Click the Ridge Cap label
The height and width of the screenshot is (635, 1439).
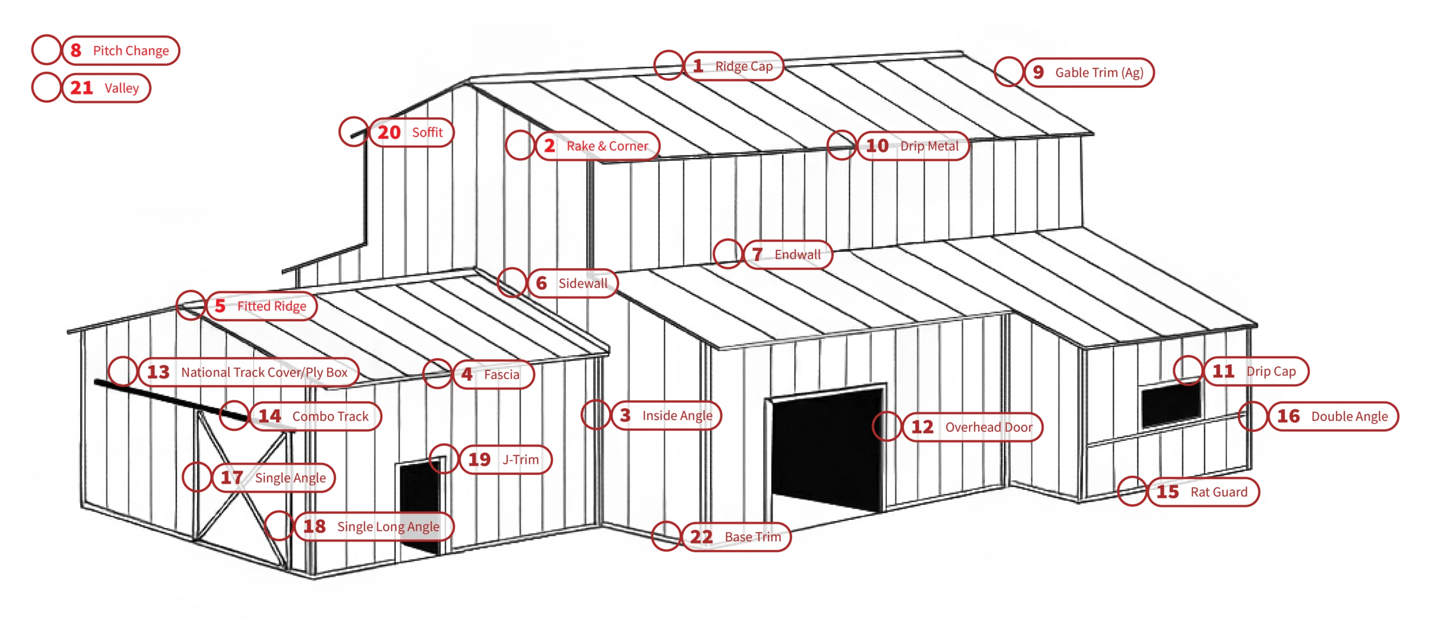(744, 66)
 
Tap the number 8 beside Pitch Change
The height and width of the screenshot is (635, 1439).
(76, 51)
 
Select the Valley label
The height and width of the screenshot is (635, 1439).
(121, 88)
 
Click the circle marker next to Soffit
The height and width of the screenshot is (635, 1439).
(354, 132)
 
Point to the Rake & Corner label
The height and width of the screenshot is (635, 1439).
(607, 146)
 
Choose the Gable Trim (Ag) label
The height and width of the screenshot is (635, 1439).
(1099, 73)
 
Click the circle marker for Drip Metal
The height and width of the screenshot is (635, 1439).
(841, 146)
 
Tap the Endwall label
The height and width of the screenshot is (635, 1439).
(797, 255)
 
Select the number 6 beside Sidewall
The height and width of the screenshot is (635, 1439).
(541, 283)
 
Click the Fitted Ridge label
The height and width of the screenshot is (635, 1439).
(271, 306)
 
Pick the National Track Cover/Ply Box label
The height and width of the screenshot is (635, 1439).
(264, 372)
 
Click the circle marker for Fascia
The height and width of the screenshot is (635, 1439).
(437, 374)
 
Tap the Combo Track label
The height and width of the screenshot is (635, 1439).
(330, 416)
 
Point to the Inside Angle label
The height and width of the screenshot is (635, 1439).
(677, 416)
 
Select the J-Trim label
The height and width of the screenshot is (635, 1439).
(520, 460)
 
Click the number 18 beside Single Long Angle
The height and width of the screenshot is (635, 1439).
(314, 526)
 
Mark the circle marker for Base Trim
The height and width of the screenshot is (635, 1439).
(666, 536)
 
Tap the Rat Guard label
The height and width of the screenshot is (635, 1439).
(1218, 492)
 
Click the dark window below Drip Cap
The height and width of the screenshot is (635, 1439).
(1171, 404)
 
